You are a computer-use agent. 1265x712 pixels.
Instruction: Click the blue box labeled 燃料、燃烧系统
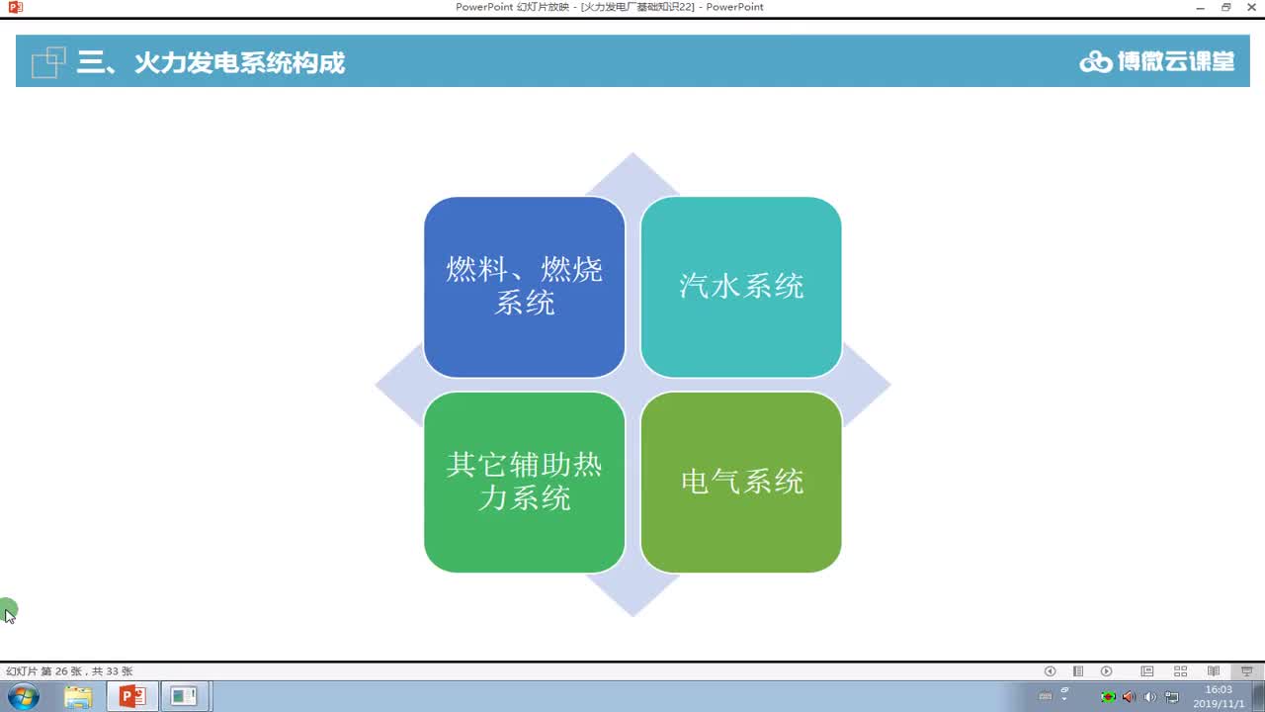[524, 286]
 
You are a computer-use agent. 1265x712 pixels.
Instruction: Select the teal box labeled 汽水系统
[741, 286]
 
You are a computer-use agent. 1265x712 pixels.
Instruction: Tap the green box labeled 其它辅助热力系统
[524, 482]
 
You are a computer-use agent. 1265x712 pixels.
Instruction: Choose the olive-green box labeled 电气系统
[741, 482]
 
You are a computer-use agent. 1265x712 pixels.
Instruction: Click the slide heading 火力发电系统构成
[239, 63]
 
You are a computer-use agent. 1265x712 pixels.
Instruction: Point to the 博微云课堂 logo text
[1176, 61]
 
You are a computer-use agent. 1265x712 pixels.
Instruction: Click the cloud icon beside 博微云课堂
[1095, 62]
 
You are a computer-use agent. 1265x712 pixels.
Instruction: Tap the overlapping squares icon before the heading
[48, 62]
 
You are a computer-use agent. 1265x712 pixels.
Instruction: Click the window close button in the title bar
[1251, 8]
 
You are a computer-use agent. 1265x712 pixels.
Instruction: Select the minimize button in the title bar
[1201, 8]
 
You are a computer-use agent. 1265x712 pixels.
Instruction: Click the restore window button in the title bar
[1226, 8]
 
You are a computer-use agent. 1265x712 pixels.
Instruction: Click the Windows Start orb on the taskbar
[23, 696]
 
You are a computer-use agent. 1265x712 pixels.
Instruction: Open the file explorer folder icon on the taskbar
[78, 696]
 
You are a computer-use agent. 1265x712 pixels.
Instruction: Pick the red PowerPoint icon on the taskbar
[131, 696]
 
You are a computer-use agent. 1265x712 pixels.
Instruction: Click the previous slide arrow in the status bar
[1050, 671]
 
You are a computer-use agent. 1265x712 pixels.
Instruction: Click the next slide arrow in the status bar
[1107, 671]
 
